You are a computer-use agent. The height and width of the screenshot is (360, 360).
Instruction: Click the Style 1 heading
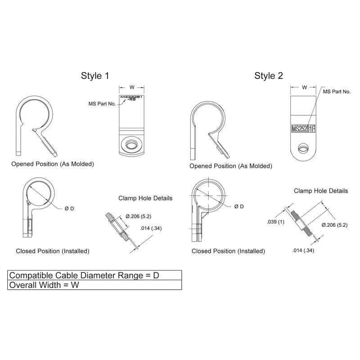94,76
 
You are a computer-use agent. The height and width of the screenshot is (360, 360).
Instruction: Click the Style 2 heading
269,76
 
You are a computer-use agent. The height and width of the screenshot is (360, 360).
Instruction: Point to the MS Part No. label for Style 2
337,91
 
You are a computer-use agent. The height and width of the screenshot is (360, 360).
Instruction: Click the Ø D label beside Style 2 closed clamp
239,207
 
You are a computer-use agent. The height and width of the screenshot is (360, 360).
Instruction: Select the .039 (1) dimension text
275,222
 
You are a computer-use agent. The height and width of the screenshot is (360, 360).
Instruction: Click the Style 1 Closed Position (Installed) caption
52,251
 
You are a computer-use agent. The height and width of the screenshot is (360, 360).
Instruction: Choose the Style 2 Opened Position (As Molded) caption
230,166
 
